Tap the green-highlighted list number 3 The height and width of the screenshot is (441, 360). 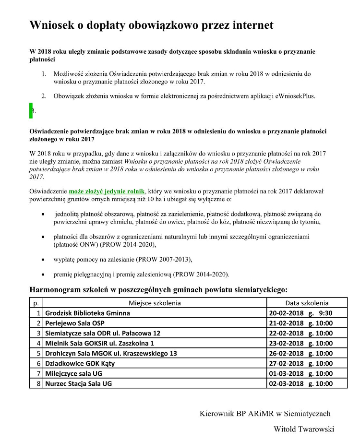pos(32,111)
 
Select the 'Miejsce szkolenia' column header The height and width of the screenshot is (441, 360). pos(155,303)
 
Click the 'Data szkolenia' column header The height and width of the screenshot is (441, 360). pos(307,303)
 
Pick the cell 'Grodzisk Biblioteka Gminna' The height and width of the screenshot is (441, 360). pos(87,313)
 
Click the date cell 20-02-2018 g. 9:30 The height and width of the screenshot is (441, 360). pos(301,313)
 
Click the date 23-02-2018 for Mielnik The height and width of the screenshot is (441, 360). pos(286,343)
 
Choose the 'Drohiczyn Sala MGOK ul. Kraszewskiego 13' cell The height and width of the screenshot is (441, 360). pos(111,353)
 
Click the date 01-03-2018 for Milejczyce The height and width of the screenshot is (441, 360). pos(286,373)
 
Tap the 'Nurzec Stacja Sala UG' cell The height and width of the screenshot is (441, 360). pos(78,383)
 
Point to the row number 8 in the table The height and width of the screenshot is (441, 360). pos(38,383)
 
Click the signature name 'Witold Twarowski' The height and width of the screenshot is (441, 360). pos(304,429)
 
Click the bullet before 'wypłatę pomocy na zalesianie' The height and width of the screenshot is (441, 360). pos(44,259)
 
